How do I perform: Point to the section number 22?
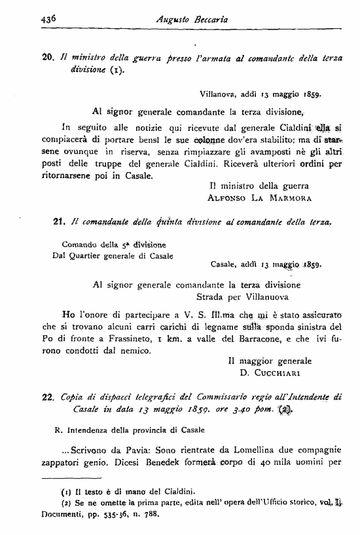pyautogui.click(x=46, y=396)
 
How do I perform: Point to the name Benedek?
pyautogui.click(x=152, y=464)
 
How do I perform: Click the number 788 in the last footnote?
pyautogui.click(x=151, y=514)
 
